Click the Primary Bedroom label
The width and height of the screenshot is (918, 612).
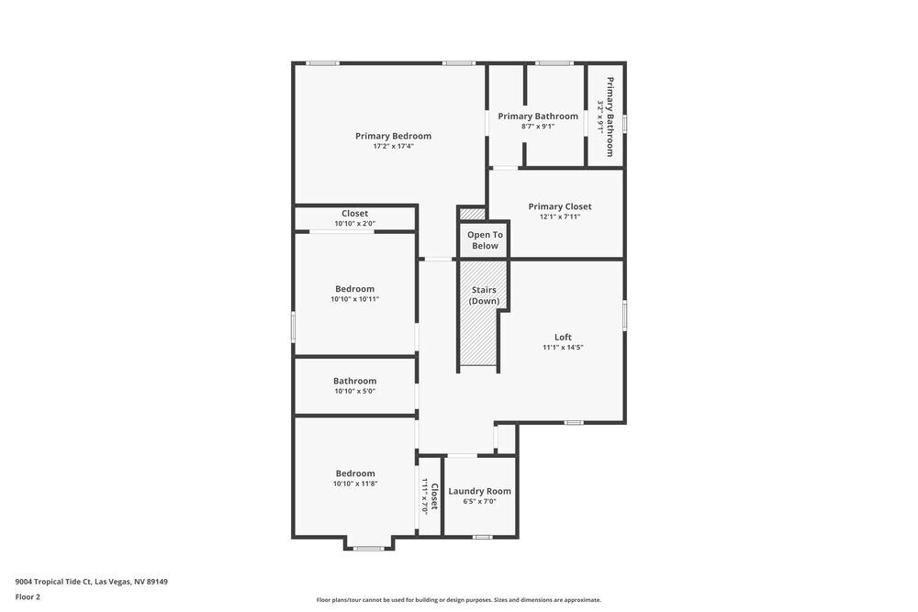[393, 136]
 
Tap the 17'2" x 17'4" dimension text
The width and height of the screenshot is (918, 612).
[393, 146]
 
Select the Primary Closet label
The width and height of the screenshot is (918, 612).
[560, 206]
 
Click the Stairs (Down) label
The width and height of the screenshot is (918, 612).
[483, 295]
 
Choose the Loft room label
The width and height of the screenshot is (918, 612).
[563, 337]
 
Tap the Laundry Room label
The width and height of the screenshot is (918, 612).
[479, 491]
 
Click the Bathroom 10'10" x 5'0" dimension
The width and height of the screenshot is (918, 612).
[354, 391]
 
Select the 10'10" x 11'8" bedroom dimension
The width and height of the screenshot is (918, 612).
[354, 484]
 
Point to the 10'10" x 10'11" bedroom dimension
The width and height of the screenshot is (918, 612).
[354, 298]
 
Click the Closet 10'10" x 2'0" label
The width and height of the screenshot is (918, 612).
[354, 214]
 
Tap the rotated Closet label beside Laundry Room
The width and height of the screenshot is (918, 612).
[434, 496]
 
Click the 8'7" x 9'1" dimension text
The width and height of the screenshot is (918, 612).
[538, 127]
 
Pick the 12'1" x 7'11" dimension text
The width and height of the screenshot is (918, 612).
[560, 217]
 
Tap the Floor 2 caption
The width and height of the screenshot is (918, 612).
[28, 596]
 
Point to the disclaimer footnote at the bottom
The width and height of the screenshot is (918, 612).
[459, 600]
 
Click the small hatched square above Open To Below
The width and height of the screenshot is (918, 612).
[472, 214]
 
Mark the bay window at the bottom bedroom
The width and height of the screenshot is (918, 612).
[369, 548]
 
